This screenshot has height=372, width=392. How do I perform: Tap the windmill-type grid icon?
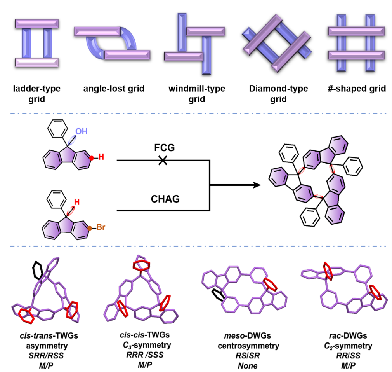click(x=193, y=44)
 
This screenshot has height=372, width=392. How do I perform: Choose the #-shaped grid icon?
click(x=356, y=43)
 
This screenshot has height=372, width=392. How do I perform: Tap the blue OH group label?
click(x=81, y=132)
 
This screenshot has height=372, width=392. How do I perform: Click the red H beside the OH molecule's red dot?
click(x=101, y=157)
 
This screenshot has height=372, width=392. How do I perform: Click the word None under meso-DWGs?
click(x=248, y=365)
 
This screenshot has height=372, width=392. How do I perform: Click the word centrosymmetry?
click(x=248, y=346)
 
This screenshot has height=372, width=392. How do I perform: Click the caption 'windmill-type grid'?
click(x=197, y=94)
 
